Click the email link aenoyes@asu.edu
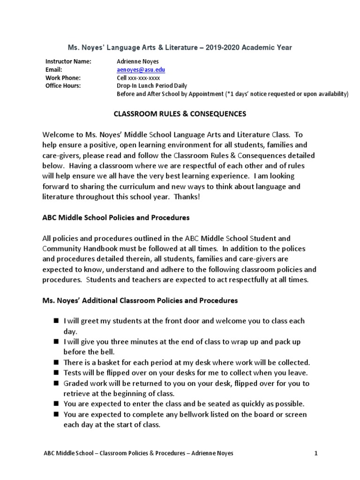(141, 70)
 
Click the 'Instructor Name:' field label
(68, 61)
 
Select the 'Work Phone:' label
(63, 78)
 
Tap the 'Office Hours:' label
(63, 86)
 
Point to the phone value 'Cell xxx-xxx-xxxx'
(138, 78)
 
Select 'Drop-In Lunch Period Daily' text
(151, 86)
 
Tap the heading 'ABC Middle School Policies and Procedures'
(116, 217)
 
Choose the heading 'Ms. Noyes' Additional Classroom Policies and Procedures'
(140, 300)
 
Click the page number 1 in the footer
(316, 453)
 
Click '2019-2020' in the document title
(219, 47)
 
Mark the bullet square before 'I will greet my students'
(55, 321)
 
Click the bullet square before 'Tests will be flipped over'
(55, 373)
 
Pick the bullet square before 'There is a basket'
(55, 362)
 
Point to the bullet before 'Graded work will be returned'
(55, 383)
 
